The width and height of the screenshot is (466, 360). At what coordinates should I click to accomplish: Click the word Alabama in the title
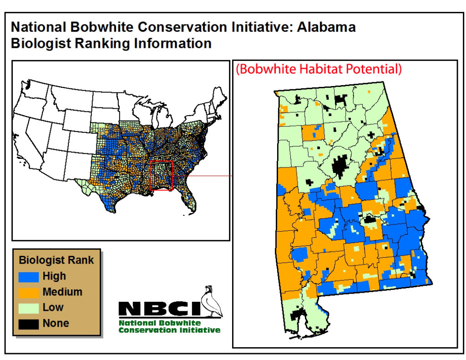(x=326, y=27)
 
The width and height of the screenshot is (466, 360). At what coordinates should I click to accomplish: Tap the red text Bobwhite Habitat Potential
(x=318, y=69)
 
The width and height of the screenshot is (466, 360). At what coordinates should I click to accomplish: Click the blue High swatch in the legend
(x=29, y=276)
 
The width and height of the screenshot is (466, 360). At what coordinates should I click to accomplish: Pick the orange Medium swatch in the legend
(x=29, y=292)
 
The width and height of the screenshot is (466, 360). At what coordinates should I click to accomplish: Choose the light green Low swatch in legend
(x=29, y=308)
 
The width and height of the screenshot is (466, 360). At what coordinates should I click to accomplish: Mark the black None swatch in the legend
(x=29, y=323)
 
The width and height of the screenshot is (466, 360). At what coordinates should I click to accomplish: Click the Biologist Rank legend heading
(x=56, y=260)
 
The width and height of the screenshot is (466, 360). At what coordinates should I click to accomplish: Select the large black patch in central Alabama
(x=341, y=167)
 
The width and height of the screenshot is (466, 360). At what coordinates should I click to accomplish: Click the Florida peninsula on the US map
(x=187, y=201)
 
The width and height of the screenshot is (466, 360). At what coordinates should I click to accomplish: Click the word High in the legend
(x=54, y=276)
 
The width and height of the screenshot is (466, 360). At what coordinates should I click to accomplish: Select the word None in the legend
(x=56, y=323)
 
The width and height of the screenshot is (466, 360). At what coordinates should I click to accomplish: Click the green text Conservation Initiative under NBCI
(x=169, y=330)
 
